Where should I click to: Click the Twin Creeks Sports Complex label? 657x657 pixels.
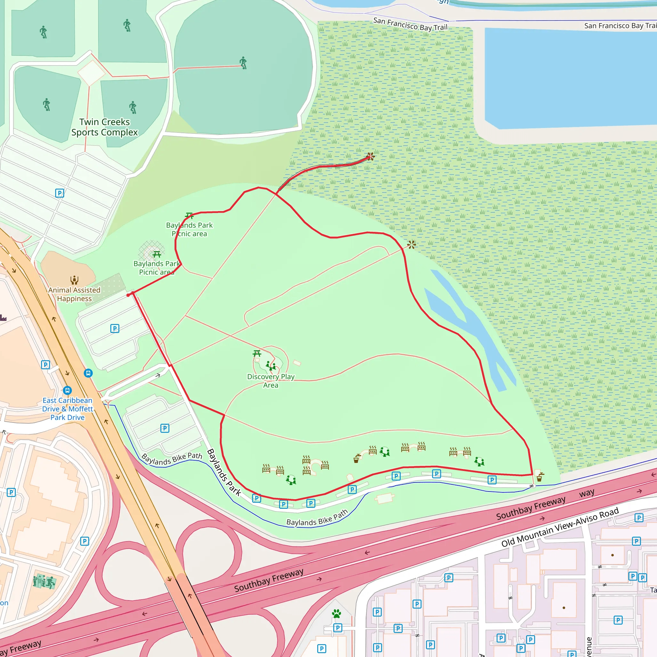tap(104, 127)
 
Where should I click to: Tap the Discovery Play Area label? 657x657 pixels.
tap(271, 381)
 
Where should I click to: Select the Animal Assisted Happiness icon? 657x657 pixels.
tap(74, 280)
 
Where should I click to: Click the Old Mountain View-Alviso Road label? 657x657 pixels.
tap(560, 527)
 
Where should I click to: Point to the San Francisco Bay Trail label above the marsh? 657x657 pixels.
tap(410, 24)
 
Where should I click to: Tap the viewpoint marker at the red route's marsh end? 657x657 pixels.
tap(371, 157)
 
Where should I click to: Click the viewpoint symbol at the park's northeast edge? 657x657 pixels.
tap(412, 244)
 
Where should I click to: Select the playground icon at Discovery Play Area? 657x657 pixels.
tap(271, 366)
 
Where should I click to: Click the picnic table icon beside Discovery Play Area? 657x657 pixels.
tap(257, 354)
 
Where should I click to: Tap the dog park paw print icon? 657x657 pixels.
tap(337, 614)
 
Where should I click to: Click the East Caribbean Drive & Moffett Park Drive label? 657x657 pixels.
tap(67, 409)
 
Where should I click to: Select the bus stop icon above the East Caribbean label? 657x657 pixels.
tap(67, 390)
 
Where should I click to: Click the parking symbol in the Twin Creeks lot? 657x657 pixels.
tap(60, 193)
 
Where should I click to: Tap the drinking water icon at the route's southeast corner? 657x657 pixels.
tap(540, 477)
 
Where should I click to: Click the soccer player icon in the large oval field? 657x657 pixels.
tap(243, 63)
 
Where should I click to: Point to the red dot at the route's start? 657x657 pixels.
tap(128, 295)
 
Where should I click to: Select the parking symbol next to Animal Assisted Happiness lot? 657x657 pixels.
tap(115, 328)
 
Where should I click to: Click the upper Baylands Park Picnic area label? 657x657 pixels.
tap(189, 229)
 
